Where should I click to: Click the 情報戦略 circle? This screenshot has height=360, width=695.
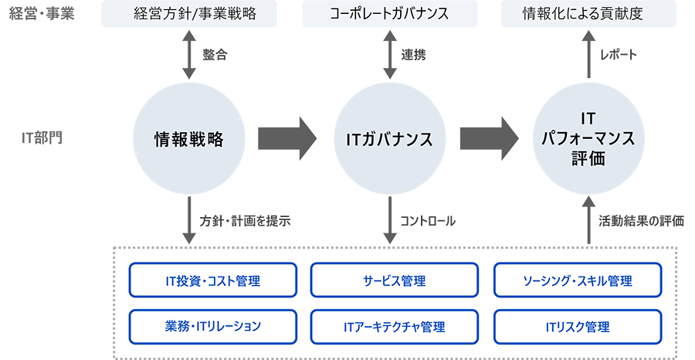point(188,140)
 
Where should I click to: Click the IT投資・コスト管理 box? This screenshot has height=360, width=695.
point(213,280)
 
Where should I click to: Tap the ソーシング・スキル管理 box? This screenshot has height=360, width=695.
point(577,280)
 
